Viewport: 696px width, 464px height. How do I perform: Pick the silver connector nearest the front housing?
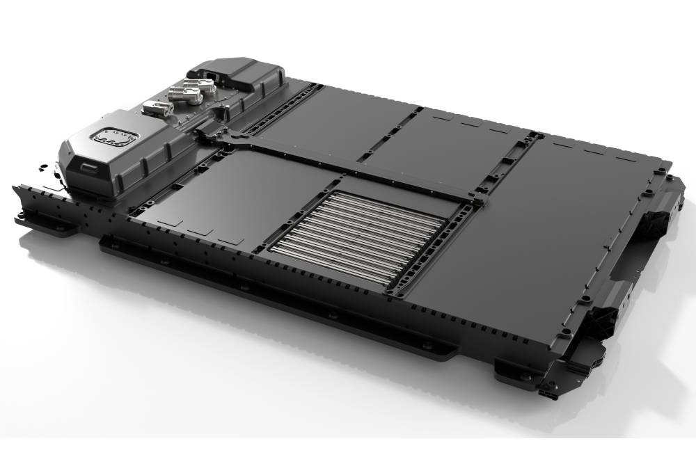(155, 108)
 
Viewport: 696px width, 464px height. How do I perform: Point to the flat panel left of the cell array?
(223, 195)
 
